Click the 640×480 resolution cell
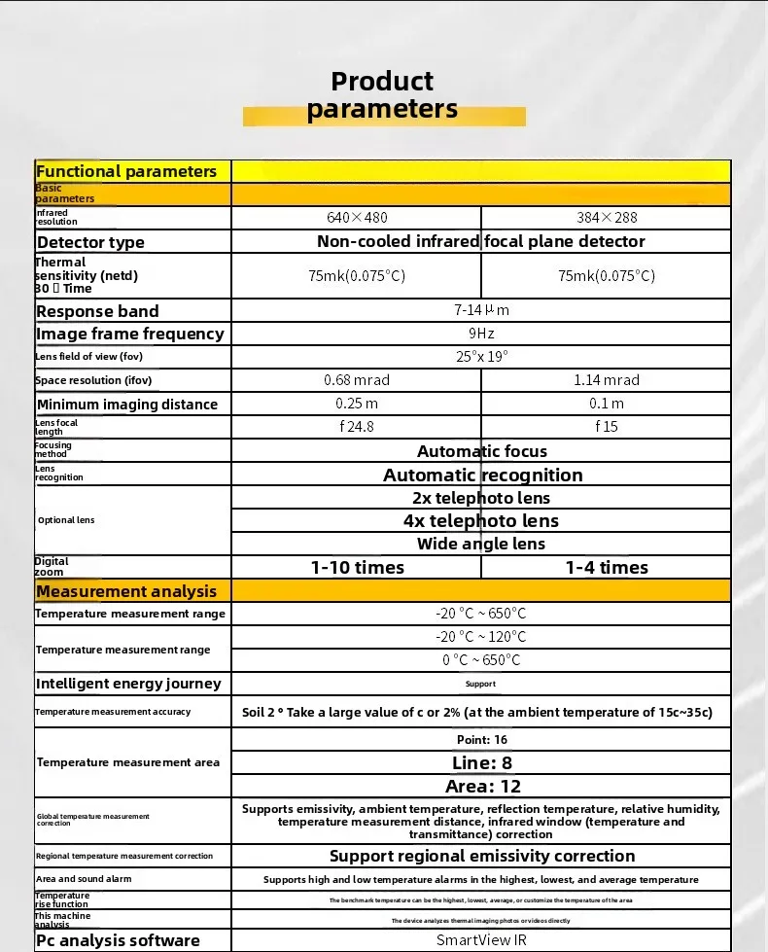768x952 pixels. coord(357,218)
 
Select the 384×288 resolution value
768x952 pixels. coord(606,218)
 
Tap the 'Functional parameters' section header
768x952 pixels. coord(126,172)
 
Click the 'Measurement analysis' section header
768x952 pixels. coord(126,591)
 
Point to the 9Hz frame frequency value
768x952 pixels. coord(481,334)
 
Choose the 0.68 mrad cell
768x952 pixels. coord(357,380)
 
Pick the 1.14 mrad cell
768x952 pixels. coord(606,380)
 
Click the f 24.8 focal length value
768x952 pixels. coord(357,426)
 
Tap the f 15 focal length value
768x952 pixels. coord(606,426)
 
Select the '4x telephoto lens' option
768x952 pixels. coord(481,521)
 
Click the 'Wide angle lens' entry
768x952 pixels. coord(481,545)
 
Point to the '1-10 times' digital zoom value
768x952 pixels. coord(357,568)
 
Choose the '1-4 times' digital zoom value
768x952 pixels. coord(606,568)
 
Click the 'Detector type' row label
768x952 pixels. coord(90,242)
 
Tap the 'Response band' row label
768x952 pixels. coord(97,311)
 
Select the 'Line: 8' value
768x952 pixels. coord(481,763)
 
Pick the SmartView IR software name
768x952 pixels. coord(481,940)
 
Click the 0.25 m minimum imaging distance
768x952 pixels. coord(357,404)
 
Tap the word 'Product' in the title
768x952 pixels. coord(382,82)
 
